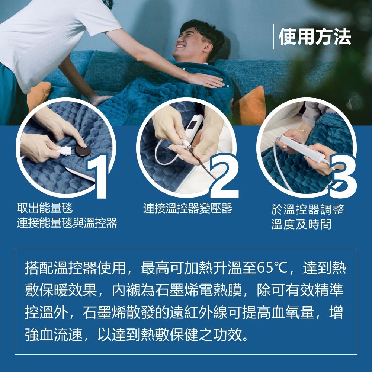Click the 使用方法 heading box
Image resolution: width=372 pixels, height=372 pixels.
315,36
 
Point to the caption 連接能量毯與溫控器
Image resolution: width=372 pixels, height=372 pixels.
67,223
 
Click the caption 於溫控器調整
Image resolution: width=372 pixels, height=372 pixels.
307,209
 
